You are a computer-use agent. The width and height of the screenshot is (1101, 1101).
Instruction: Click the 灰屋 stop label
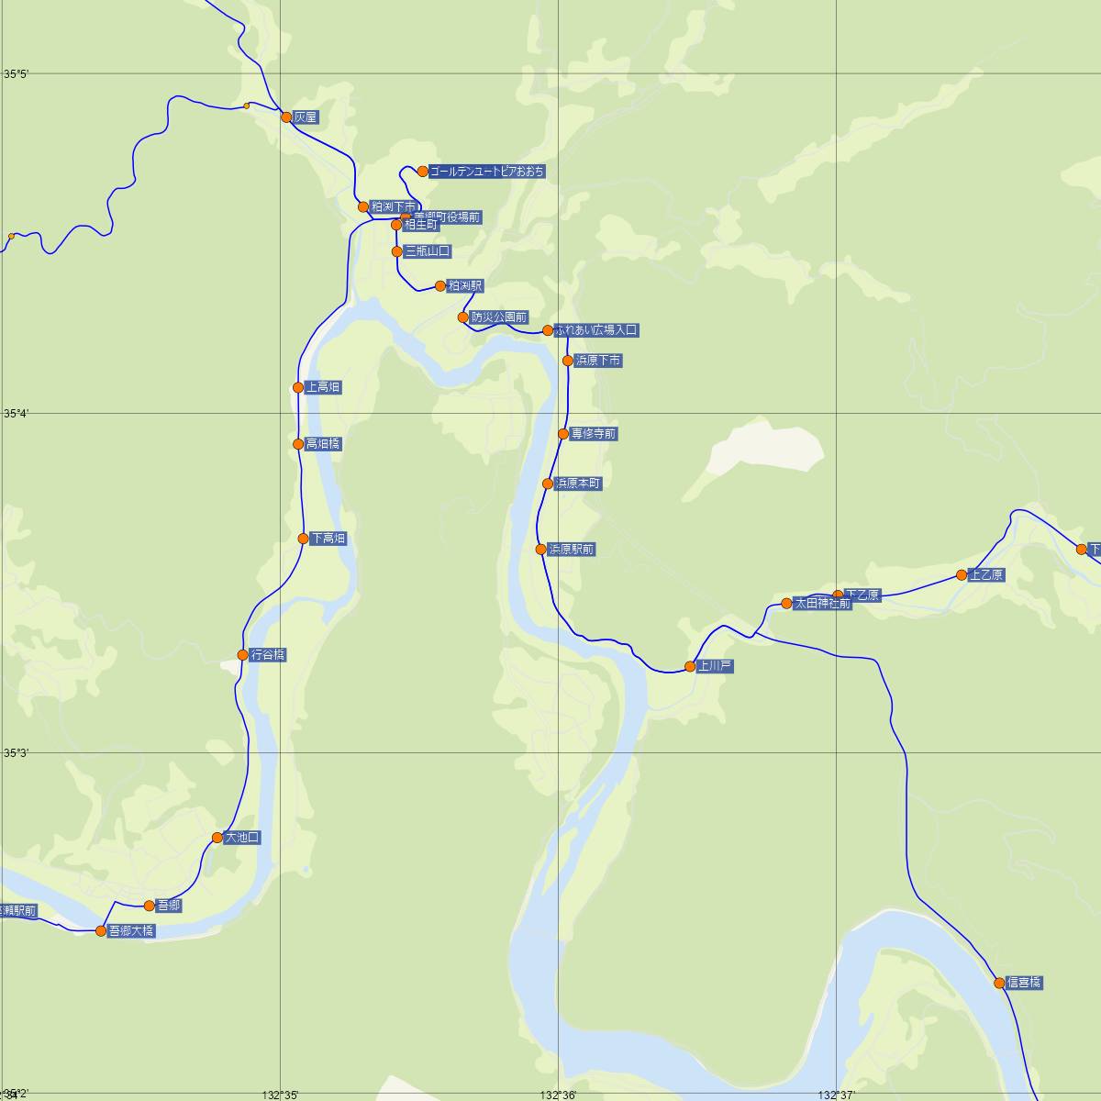(x=306, y=117)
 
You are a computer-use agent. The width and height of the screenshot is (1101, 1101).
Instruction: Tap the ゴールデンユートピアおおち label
(x=487, y=172)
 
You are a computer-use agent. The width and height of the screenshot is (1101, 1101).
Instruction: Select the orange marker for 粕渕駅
(x=440, y=286)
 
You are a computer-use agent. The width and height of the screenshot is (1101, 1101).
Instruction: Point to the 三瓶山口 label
(x=428, y=251)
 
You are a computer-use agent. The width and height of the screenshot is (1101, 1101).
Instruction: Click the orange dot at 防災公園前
(x=463, y=317)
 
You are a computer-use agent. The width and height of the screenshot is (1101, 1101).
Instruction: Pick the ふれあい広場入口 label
(x=595, y=330)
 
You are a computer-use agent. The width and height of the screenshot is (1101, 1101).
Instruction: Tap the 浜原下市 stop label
(x=598, y=361)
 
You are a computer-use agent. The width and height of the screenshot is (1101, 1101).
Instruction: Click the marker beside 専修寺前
(x=563, y=434)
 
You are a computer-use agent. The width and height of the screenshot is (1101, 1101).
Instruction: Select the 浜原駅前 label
(x=572, y=550)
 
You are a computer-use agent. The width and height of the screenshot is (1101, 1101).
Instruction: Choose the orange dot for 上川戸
(x=690, y=667)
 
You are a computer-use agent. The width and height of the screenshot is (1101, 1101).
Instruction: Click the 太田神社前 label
(x=823, y=604)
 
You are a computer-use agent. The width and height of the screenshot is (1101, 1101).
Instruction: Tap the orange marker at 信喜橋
(x=999, y=983)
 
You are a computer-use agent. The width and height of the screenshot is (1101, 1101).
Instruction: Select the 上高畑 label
(x=323, y=388)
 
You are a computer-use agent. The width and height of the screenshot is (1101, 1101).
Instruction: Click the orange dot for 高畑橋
(x=298, y=444)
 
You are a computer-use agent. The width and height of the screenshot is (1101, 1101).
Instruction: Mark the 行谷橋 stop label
(x=268, y=655)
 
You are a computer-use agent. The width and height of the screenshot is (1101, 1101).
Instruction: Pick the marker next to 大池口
(x=217, y=838)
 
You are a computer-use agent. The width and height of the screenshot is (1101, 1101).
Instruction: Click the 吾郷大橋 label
(x=131, y=931)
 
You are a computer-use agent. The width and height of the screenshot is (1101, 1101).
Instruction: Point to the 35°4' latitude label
(x=17, y=414)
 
